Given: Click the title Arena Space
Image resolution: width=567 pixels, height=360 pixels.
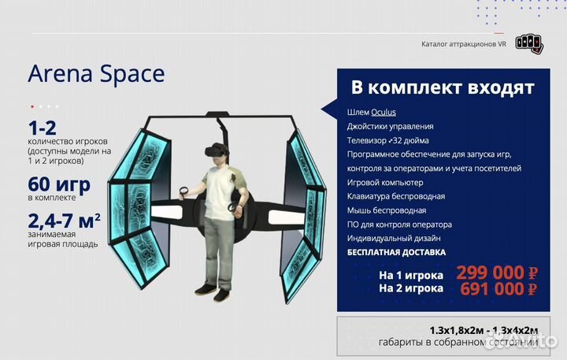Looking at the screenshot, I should pyautogui.click(x=96, y=74).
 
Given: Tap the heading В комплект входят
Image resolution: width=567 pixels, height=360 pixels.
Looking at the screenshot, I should pyautogui.click(x=442, y=87).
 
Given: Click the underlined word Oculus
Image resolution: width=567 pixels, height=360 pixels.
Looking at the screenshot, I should pyautogui.click(x=384, y=112).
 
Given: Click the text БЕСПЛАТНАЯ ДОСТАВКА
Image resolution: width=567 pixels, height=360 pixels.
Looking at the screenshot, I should pyautogui.click(x=396, y=253).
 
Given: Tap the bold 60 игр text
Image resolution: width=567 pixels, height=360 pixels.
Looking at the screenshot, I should pyautogui.click(x=59, y=185).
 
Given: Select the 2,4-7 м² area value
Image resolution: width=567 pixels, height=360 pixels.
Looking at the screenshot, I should pyautogui.click(x=64, y=221).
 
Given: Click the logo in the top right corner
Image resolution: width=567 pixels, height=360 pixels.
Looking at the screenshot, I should pyautogui.click(x=529, y=43).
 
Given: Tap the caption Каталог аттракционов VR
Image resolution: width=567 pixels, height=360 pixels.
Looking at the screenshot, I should pyautogui.click(x=464, y=45).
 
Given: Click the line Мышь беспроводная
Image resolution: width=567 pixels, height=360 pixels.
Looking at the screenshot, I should pyautogui.click(x=387, y=210).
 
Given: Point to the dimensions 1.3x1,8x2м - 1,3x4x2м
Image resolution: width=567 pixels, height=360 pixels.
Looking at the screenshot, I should pyautogui.click(x=484, y=329).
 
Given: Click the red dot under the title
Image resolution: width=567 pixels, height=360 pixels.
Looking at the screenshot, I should pyautogui.click(x=32, y=106).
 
